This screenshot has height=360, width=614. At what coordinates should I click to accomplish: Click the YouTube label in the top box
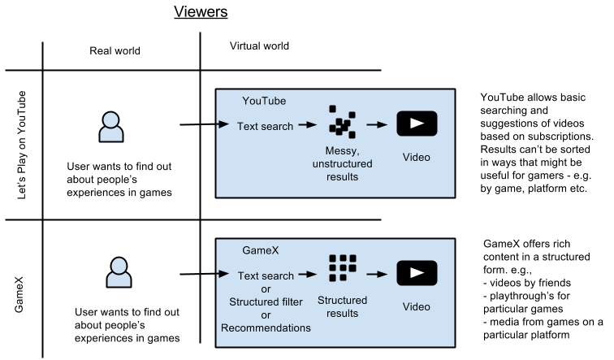(264, 102)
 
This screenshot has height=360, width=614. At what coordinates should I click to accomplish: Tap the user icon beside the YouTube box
(111, 128)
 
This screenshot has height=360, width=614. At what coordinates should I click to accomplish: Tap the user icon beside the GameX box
(119, 272)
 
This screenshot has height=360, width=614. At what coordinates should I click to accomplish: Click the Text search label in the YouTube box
(265, 127)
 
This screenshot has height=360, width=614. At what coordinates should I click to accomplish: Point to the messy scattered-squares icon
(342, 122)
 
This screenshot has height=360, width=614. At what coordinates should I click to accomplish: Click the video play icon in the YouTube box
(417, 124)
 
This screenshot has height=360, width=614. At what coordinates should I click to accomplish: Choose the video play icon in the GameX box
(417, 274)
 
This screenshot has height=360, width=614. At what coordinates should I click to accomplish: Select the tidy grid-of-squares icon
(342, 268)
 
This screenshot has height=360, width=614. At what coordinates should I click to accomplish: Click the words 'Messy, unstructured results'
(341, 163)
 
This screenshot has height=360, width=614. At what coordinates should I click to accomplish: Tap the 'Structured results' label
(342, 306)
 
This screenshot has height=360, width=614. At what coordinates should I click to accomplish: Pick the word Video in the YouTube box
(417, 157)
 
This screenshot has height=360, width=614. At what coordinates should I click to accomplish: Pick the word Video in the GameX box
(417, 306)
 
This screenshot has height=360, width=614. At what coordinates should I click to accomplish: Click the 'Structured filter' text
(266, 302)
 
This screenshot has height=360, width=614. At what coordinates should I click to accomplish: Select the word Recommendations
(266, 328)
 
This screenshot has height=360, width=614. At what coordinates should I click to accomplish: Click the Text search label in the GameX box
(266, 275)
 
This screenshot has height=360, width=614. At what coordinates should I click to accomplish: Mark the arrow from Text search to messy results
(307, 125)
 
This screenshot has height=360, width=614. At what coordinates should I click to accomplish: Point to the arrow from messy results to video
(376, 125)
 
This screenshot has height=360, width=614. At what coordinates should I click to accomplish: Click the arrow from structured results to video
(376, 275)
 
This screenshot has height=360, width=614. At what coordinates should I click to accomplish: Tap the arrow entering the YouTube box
(223, 125)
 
